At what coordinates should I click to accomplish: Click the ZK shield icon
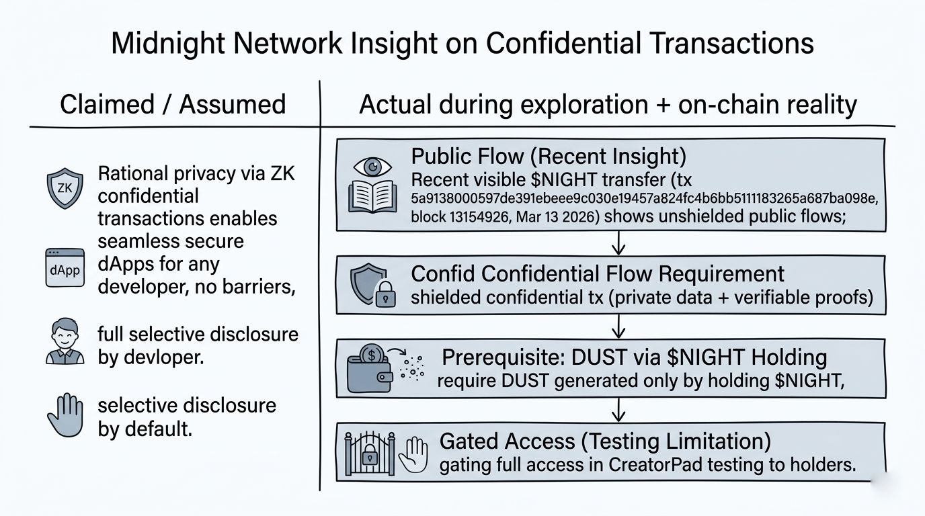(65, 188)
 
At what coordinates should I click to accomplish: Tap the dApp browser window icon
(65, 267)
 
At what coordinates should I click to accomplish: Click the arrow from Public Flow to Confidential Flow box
(618, 243)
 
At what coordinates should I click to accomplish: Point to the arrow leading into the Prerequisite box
(618, 327)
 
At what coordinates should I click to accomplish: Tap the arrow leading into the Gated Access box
(618, 408)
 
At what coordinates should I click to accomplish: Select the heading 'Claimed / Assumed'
(173, 104)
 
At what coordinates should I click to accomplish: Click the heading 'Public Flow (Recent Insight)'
(549, 156)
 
